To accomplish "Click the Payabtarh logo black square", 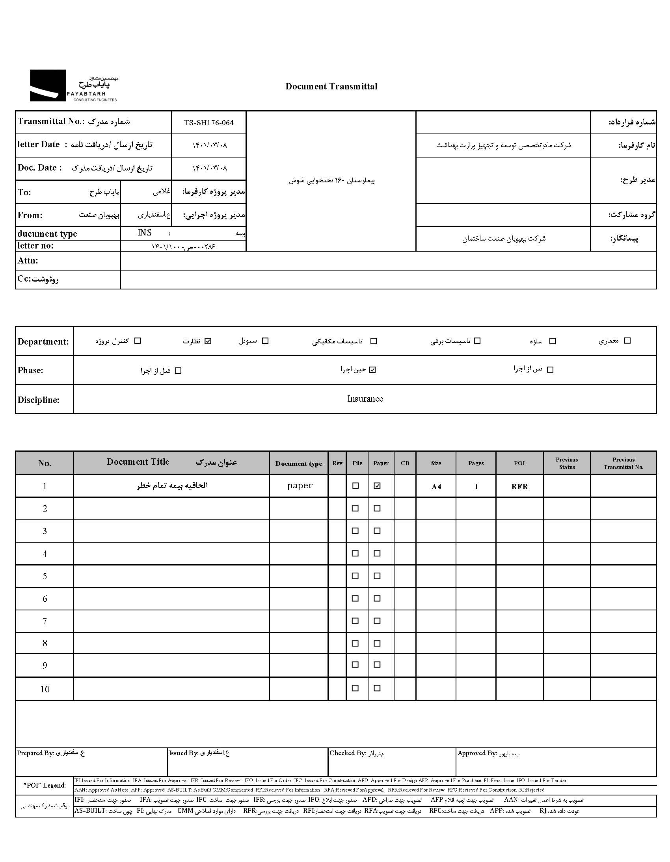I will point(48,85).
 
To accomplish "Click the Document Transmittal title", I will point(331,87).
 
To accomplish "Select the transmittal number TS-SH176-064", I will point(208,123).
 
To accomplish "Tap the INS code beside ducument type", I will point(145,233).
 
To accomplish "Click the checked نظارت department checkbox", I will point(208,341).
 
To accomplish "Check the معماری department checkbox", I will point(627,341).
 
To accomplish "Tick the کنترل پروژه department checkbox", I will point(138,341).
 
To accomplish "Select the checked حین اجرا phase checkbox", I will point(372,370).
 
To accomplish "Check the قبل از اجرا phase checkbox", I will point(178,371).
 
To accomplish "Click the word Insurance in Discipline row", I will point(365,399).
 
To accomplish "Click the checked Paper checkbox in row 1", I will point(377,486).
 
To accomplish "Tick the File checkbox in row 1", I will point(355,486).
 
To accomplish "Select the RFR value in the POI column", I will point(519,487).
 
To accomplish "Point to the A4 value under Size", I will point(436,487).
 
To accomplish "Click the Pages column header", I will point(476,463).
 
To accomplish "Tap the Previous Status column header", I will point(566,463).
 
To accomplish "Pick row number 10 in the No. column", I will point(45,689).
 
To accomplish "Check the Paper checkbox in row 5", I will point(377,576).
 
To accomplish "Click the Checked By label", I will point(348,753).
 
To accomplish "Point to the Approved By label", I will point(476,753).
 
